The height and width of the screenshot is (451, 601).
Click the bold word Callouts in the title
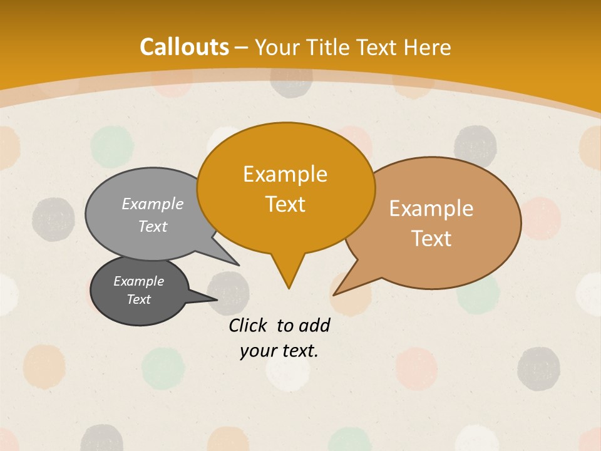184,47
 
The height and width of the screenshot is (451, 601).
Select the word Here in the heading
428,47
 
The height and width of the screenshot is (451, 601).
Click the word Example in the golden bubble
285,174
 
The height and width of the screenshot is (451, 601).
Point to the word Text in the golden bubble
285,204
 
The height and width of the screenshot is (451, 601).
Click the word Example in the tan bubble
431,209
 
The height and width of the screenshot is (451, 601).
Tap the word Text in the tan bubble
431,239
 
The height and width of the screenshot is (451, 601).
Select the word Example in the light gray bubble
153,204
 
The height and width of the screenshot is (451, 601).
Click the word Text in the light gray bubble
153,226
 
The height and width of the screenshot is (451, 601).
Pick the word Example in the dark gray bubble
138,281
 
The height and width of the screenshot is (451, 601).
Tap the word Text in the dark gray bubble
138,299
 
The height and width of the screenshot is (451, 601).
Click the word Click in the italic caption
249,325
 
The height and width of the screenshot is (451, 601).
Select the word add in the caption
314,325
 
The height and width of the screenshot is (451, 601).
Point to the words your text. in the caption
279,351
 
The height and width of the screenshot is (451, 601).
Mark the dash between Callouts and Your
242,48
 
